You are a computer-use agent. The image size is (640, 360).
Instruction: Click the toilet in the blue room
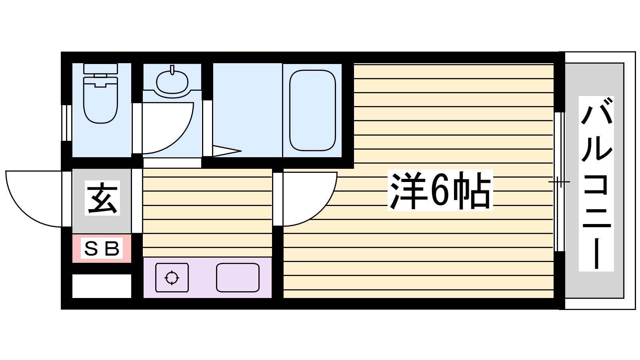(100, 100)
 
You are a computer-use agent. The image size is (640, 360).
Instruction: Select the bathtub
(312, 110)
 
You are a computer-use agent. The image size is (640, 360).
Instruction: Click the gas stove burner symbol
(172, 278)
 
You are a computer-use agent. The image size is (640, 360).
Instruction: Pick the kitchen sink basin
(238, 278)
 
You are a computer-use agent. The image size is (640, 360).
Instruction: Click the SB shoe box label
(102, 249)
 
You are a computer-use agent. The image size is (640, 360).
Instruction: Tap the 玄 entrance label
(102, 198)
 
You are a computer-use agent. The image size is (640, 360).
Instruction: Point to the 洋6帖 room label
(440, 190)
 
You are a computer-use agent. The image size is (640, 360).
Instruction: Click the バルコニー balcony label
(596, 184)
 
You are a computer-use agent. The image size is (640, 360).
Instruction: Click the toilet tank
(100, 68)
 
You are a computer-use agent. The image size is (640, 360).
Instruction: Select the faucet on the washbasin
(172, 70)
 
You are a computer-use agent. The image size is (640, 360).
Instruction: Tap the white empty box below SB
(102, 286)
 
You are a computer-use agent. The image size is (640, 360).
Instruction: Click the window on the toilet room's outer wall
(66, 123)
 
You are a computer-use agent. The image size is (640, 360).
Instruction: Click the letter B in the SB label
(112, 249)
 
